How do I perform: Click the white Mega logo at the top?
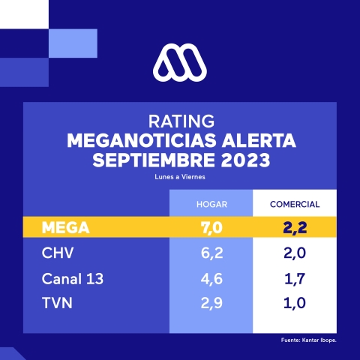pyautogui.click(x=179, y=62)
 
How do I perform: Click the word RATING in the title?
pyautogui.click(x=179, y=121)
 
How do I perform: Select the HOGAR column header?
pyautogui.click(x=211, y=204)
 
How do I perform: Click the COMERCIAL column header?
pyautogui.click(x=294, y=204)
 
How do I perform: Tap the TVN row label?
pyautogui.click(x=57, y=304)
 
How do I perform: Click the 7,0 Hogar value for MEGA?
pyautogui.click(x=211, y=227)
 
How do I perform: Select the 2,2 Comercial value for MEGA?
pyautogui.click(x=293, y=227)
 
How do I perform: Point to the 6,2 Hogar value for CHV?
pyautogui.click(x=211, y=253)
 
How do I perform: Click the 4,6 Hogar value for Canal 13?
pyautogui.click(x=211, y=279)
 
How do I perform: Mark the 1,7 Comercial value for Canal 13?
pyautogui.click(x=293, y=279)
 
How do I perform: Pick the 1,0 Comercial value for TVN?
pyautogui.click(x=293, y=304)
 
